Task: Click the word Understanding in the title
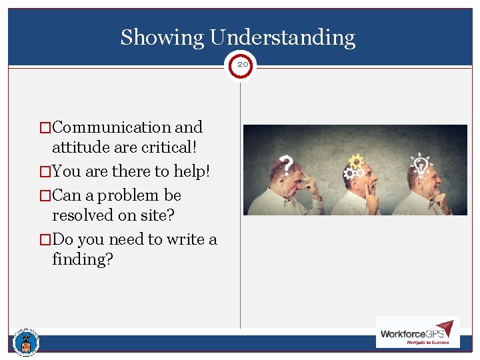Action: click(x=282, y=37)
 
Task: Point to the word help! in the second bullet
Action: click(x=191, y=171)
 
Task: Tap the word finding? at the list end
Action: click(x=83, y=259)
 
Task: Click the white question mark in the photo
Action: click(x=287, y=164)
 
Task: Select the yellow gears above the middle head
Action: click(x=355, y=164)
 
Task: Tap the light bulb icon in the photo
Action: click(x=421, y=162)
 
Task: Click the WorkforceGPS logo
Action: click(x=417, y=332)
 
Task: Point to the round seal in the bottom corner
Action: click(x=26, y=343)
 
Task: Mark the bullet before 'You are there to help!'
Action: click(x=45, y=172)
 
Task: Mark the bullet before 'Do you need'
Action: click(x=45, y=239)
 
